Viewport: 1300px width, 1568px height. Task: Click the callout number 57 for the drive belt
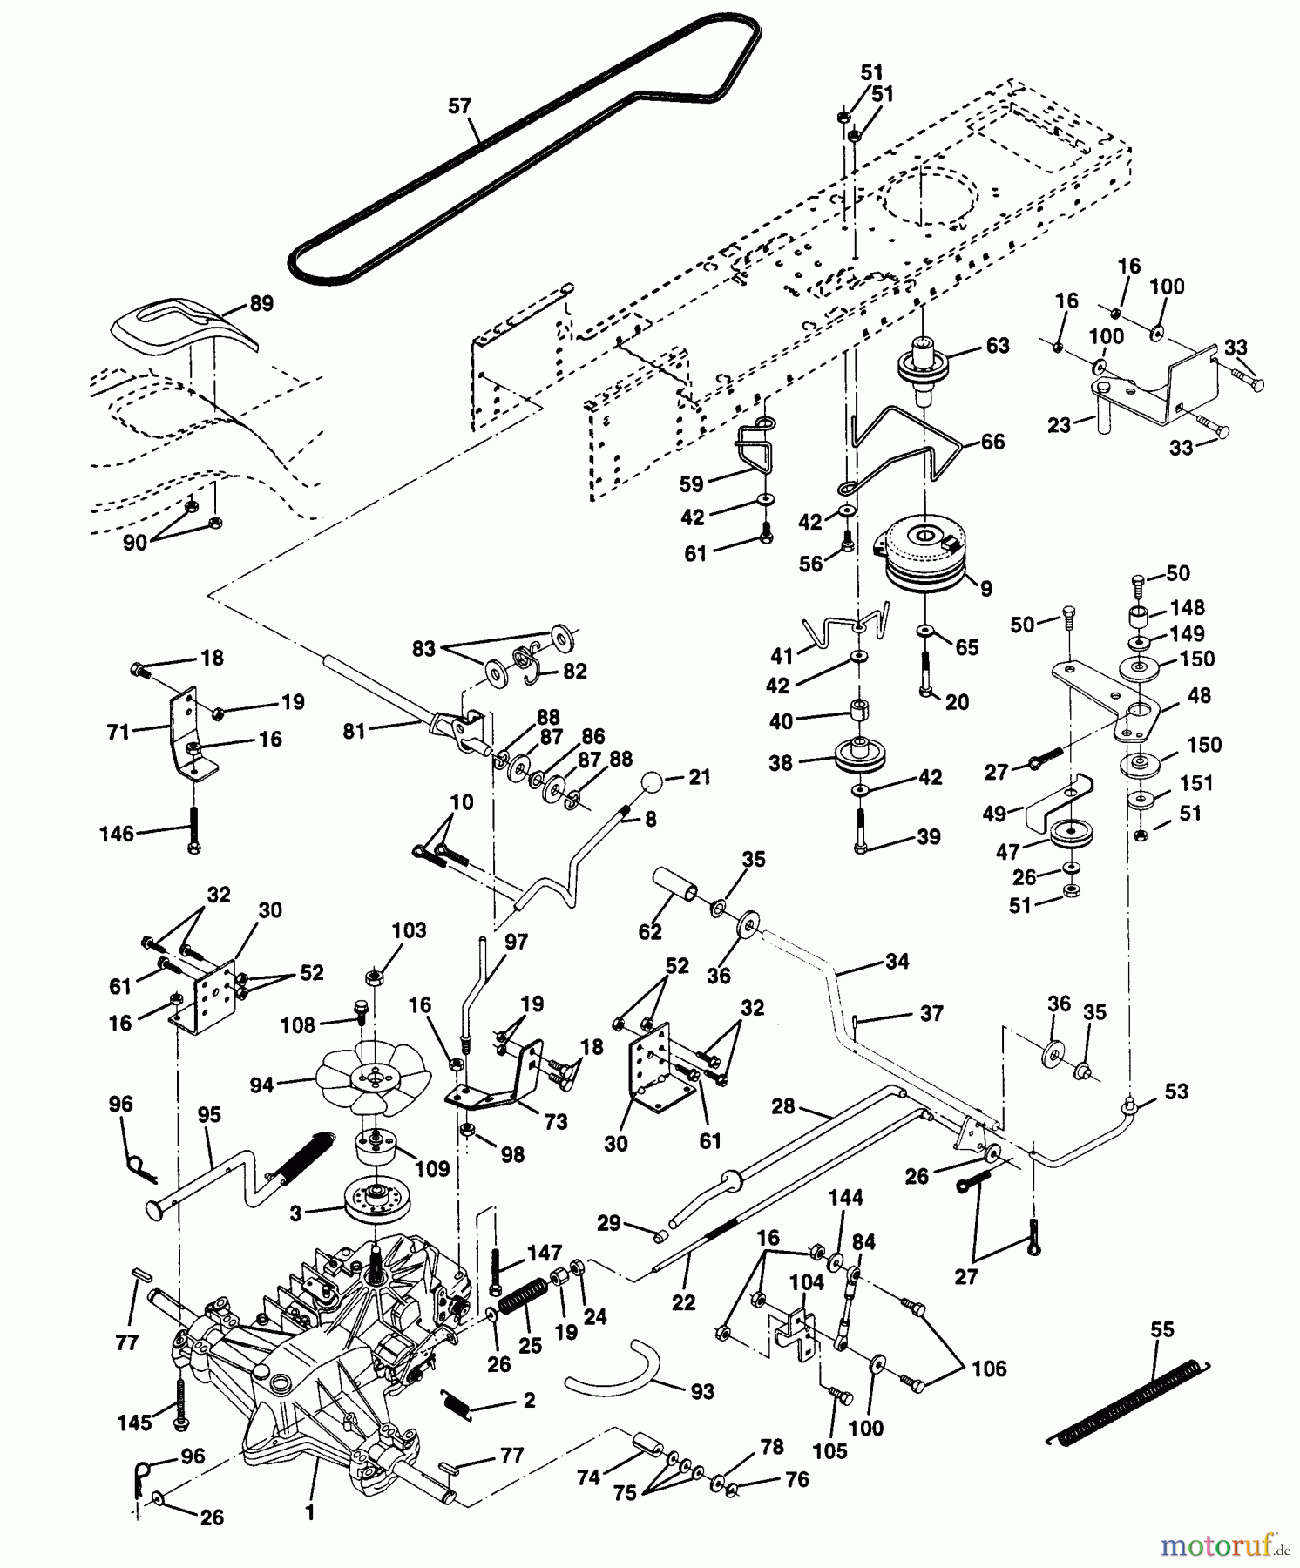pyautogui.click(x=459, y=106)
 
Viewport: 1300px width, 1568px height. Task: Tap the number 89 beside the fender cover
pyautogui.click(x=261, y=303)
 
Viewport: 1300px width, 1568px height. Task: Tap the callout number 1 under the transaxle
pyautogui.click(x=309, y=1513)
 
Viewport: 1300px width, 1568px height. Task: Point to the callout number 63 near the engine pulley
pyautogui.click(x=997, y=346)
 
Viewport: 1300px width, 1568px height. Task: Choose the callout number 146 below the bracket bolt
pyautogui.click(x=117, y=834)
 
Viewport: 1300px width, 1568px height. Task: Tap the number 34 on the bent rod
pyautogui.click(x=897, y=961)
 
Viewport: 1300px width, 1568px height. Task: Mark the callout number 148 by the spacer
pyautogui.click(x=1188, y=607)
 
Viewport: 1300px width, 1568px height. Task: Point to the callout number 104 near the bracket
pyautogui.click(x=807, y=1282)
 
